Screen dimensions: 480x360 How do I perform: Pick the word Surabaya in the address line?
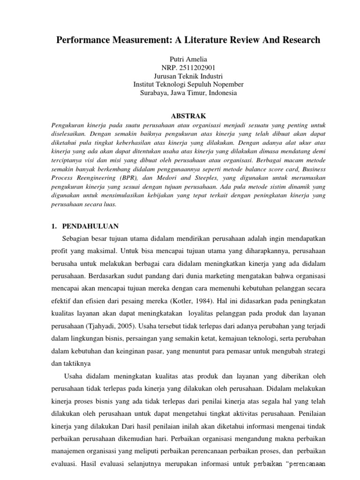[x=155, y=93]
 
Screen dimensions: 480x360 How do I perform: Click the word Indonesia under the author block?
[x=222, y=93]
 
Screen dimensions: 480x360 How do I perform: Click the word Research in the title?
[x=300, y=40]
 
